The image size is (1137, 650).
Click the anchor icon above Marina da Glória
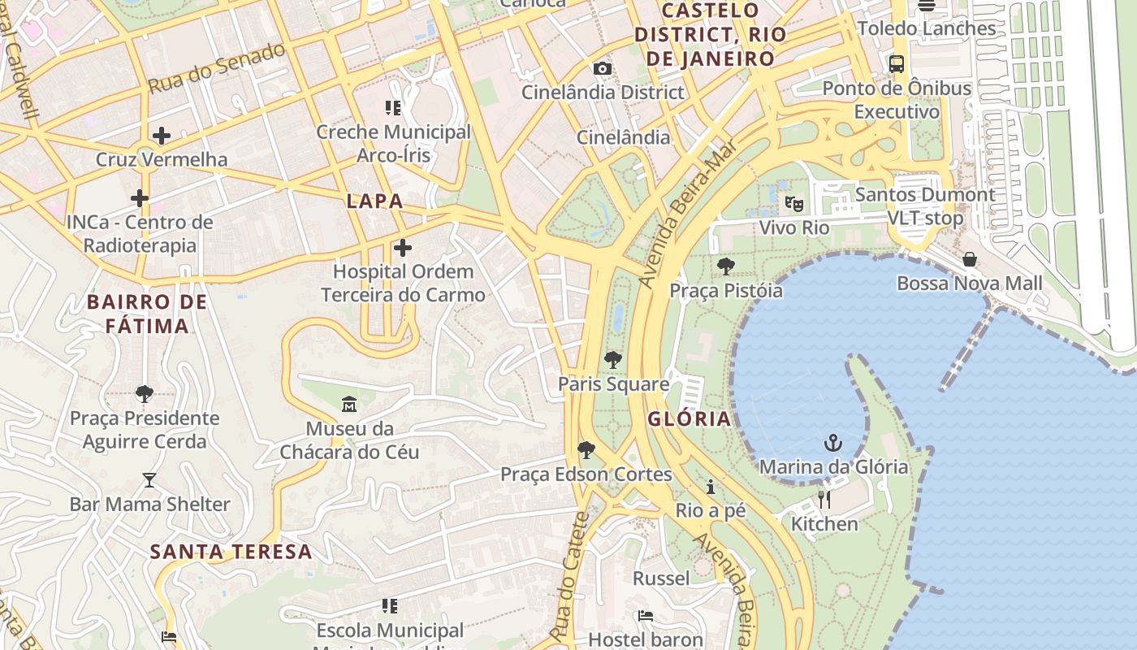[x=833, y=443]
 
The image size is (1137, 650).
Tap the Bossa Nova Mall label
[x=969, y=284]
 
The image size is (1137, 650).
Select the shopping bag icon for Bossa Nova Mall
[x=970, y=259]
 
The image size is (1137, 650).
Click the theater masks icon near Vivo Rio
[x=793, y=203]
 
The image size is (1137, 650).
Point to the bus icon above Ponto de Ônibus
[x=897, y=64]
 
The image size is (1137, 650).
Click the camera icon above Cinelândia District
[x=602, y=68]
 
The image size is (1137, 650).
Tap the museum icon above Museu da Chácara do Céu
[x=349, y=404]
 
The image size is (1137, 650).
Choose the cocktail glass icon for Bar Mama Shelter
[x=149, y=480]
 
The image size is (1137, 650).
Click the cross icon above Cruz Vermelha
[x=162, y=135]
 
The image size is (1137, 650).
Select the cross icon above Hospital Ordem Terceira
[x=403, y=247]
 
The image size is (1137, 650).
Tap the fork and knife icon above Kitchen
[x=824, y=499]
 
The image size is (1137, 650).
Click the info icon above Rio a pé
[x=711, y=487]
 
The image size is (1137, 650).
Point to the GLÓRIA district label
[x=690, y=419]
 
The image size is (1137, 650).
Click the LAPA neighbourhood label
[x=374, y=201]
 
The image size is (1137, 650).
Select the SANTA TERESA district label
[x=231, y=552]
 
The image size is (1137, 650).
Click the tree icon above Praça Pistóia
[x=725, y=266]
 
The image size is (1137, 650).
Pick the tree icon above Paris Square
[x=613, y=359]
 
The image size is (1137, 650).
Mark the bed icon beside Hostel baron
[x=646, y=615]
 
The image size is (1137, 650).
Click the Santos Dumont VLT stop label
[x=924, y=206]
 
